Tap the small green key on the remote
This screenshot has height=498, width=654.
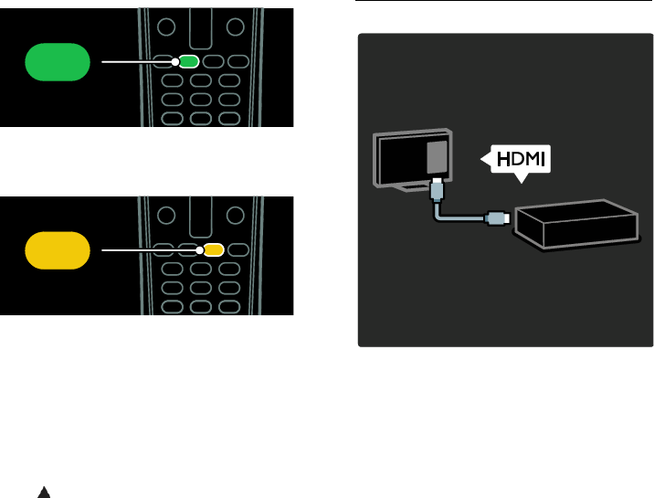[188, 62]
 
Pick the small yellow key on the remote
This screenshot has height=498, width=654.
[213, 249]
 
